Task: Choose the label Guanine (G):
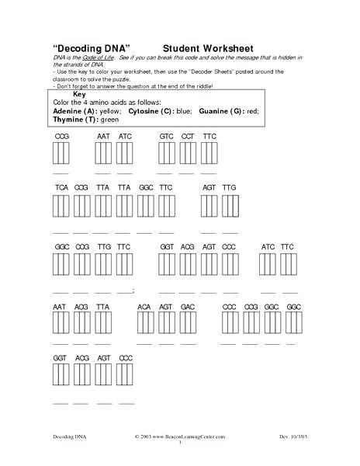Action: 223,111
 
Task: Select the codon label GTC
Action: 166,136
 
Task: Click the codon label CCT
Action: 188,136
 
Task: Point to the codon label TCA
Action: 61,188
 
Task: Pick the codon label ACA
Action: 144,307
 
